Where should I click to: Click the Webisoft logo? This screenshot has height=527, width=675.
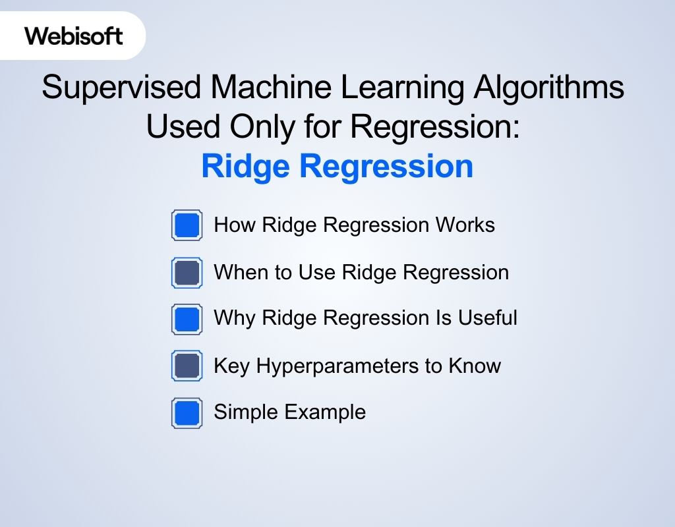point(74,36)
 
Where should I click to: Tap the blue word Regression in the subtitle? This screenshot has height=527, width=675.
point(387,166)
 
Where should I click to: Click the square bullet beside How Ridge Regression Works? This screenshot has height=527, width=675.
point(187,225)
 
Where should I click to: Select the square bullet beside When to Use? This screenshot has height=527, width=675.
point(187,273)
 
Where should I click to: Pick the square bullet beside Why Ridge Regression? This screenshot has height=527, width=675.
point(187,319)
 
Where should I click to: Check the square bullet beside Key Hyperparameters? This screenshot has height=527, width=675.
point(187,366)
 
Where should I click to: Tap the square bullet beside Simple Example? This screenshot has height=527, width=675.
point(187,413)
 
